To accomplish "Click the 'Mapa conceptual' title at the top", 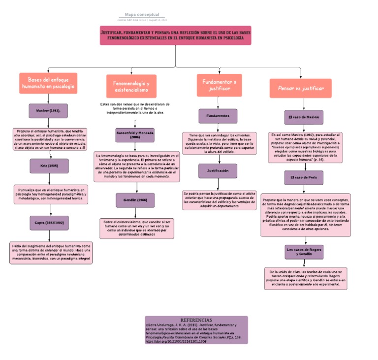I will [142, 15].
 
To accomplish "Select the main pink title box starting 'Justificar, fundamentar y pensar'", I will [176, 35].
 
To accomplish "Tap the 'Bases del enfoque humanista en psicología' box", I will [48, 83].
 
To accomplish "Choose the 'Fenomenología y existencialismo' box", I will [131, 86].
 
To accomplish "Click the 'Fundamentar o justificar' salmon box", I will [219, 85].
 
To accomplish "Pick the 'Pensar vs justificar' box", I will [301, 88].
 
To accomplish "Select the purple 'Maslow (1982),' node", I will [48, 111].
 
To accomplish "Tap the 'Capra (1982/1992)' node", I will [49, 223].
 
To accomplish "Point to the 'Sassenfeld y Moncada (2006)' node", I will [135, 135].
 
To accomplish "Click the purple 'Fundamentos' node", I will [218, 116].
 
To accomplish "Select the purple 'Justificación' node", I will [218, 171].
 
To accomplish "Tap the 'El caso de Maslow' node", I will [304, 118].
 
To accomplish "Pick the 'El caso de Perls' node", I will [304, 177].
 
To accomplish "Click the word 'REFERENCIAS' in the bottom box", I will [196, 320].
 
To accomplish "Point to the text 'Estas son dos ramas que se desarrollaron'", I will [135, 104].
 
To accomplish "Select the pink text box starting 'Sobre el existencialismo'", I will [137, 229].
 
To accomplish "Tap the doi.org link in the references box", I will [176, 341].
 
